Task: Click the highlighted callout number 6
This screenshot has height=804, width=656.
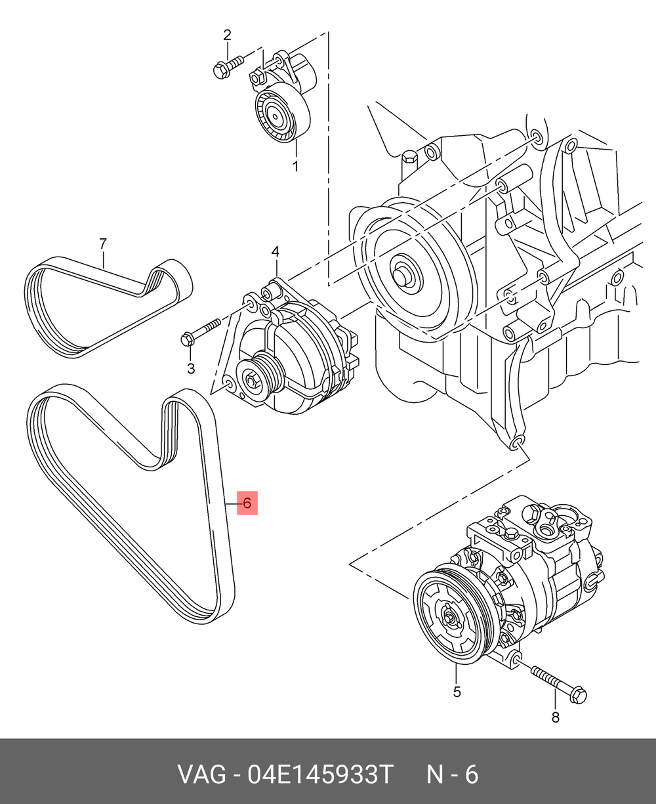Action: (x=247, y=503)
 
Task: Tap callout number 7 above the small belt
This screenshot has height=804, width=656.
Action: (x=102, y=244)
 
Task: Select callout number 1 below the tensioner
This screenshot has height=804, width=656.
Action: (x=295, y=167)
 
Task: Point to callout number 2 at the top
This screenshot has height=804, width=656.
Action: (x=228, y=35)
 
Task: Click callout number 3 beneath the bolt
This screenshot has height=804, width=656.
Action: (x=191, y=369)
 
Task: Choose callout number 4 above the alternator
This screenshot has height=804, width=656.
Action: (x=276, y=251)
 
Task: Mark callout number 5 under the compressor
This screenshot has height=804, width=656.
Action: (x=457, y=691)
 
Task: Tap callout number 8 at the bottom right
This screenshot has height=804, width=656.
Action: (x=555, y=717)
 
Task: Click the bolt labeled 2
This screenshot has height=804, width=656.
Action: (x=227, y=66)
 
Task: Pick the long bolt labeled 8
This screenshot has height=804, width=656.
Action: (x=558, y=683)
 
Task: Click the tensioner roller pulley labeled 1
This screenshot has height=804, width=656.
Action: (x=274, y=116)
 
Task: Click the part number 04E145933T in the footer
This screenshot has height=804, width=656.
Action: (x=319, y=775)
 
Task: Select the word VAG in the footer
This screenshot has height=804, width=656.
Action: (x=200, y=775)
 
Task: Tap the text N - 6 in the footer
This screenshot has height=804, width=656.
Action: (x=453, y=775)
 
